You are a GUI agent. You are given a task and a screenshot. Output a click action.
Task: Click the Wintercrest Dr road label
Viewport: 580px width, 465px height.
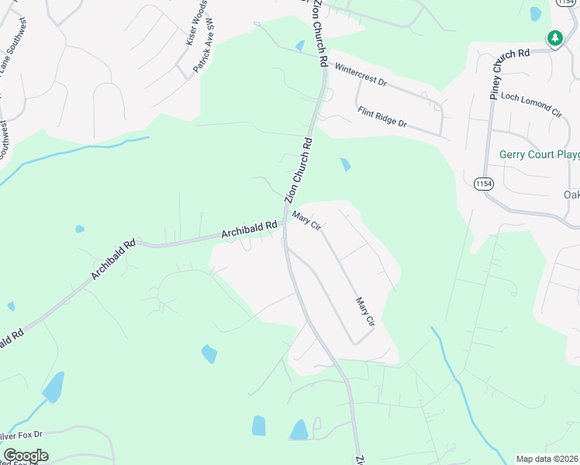361,75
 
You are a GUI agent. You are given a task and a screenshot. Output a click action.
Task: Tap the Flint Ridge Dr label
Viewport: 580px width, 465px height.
382,117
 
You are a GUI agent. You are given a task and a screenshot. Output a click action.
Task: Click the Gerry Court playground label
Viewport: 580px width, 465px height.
539,154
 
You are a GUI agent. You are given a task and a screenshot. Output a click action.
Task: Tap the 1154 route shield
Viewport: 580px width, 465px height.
483,184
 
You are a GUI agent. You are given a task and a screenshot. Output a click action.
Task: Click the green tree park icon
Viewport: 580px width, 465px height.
554,37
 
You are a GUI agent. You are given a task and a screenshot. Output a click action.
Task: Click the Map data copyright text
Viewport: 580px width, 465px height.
547,459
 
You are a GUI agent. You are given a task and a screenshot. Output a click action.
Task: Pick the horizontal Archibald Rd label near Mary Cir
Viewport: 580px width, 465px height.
249,229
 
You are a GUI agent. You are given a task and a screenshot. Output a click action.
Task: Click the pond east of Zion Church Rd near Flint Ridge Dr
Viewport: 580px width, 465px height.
344,164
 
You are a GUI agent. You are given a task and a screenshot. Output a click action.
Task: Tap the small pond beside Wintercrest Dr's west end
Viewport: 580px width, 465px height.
300,45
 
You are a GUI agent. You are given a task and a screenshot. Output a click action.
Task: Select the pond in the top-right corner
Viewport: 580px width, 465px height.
535,13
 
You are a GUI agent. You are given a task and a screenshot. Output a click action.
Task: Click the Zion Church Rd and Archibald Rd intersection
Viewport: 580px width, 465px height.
285,225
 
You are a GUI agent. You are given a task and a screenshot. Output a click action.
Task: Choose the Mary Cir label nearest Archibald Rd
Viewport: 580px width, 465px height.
306,222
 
